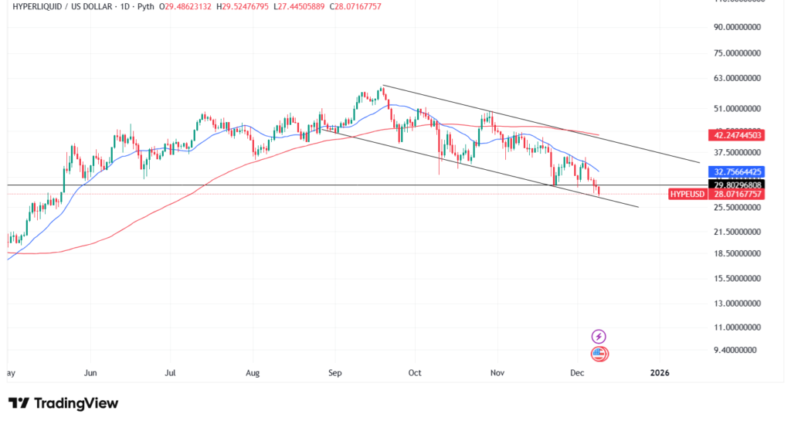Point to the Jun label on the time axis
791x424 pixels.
point(90,372)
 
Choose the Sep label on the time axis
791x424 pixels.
point(334,372)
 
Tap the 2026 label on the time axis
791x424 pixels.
point(660,372)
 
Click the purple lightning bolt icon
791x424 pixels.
point(599,336)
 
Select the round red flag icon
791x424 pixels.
point(599,354)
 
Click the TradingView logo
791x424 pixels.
point(63,403)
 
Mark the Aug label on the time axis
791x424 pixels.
point(253,372)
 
